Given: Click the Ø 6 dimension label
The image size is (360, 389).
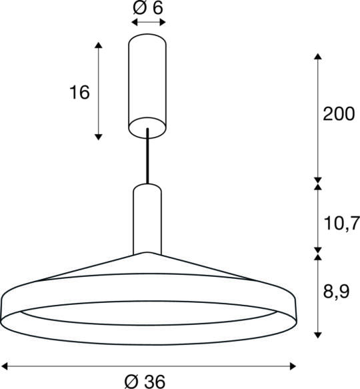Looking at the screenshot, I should pos(149,9).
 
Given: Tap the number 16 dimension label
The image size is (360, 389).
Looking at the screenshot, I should pos(79,92).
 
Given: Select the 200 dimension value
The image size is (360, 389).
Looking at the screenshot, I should pos(339,114).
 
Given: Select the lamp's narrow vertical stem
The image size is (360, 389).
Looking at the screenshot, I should pos(147,220).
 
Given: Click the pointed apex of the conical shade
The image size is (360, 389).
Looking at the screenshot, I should pos(147,253).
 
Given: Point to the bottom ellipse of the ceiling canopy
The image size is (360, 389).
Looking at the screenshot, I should pos(147,126).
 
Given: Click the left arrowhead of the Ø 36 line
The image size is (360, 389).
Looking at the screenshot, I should pos(5,364).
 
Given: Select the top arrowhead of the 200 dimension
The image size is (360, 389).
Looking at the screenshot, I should pos(319,55).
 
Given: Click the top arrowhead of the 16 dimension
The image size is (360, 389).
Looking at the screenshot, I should pos(99,45).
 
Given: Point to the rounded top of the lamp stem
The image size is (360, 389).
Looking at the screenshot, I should pos(147,186).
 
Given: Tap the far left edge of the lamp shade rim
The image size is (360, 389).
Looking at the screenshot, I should pos(3,307).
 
